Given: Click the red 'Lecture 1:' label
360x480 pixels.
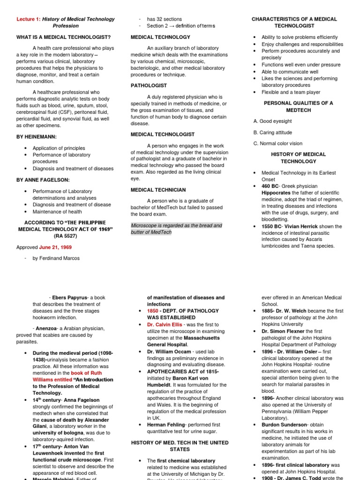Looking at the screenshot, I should pos(28,19).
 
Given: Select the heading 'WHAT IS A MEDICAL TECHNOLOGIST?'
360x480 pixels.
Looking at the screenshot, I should pos(63,37).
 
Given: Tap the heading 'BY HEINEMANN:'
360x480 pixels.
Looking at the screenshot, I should pos(37,136).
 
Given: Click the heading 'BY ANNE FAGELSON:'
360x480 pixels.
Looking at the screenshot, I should pos(43,180).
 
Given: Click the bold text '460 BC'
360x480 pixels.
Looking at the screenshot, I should pos(271,186).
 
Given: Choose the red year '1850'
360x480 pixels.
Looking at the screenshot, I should pos(153,311).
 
